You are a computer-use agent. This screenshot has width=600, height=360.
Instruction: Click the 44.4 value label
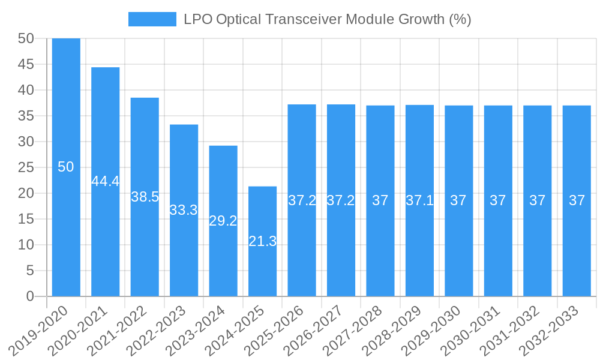(106, 181)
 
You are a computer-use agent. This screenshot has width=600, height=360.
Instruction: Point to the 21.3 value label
(263, 242)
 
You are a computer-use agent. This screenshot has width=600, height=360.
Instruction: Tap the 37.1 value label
(420, 200)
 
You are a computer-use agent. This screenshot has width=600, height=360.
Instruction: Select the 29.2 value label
(223, 221)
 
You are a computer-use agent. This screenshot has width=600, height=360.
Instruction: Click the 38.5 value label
(145, 197)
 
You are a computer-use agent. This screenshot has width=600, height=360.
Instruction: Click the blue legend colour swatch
(152, 19)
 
